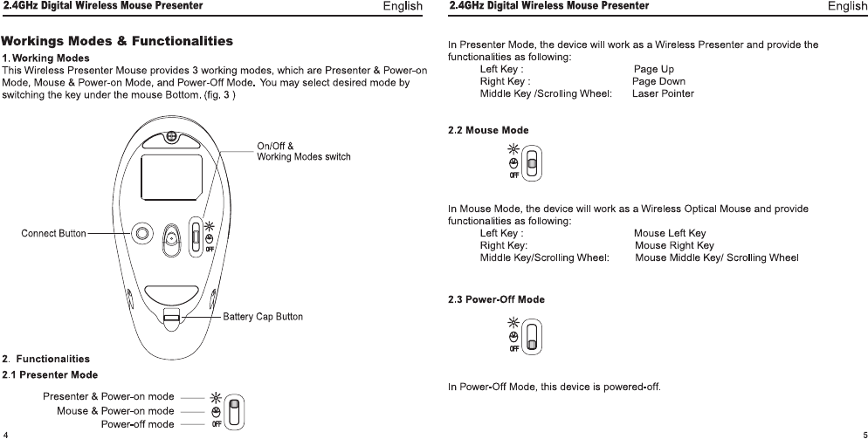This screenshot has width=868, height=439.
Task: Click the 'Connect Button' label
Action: [53, 233]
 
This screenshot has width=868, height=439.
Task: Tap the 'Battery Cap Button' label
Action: [263, 316]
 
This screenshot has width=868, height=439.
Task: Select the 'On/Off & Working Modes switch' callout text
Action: [303, 151]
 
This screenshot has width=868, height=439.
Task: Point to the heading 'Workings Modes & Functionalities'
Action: [117, 41]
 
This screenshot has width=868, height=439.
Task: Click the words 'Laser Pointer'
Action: [663, 93]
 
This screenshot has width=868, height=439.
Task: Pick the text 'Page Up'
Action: [653, 69]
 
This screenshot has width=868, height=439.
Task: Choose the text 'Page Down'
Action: [658, 81]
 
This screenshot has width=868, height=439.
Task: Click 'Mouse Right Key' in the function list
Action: [674, 245]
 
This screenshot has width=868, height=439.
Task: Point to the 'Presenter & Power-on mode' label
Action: [108, 397]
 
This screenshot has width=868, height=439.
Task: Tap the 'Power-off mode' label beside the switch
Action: [137, 424]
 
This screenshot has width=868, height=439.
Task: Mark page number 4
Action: [5, 433]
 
